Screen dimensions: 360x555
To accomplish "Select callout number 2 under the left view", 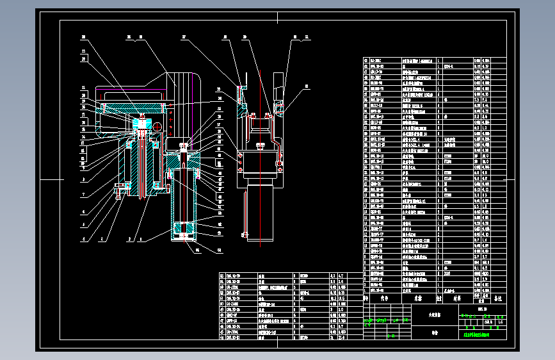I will tap(130, 239).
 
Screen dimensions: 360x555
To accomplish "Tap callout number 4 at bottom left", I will tap(82, 239).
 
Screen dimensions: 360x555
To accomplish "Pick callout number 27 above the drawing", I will tap(183, 38).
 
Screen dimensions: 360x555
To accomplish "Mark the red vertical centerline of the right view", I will tap(260, 160).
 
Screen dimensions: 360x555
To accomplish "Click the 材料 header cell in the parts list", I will tap(458, 298).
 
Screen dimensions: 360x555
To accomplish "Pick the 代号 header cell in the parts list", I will tap(385, 298).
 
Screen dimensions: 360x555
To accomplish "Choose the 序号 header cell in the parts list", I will tap(366, 298).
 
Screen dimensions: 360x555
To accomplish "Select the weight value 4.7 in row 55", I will tap(341, 275).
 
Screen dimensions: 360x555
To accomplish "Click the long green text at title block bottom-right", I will tap(473, 334).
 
